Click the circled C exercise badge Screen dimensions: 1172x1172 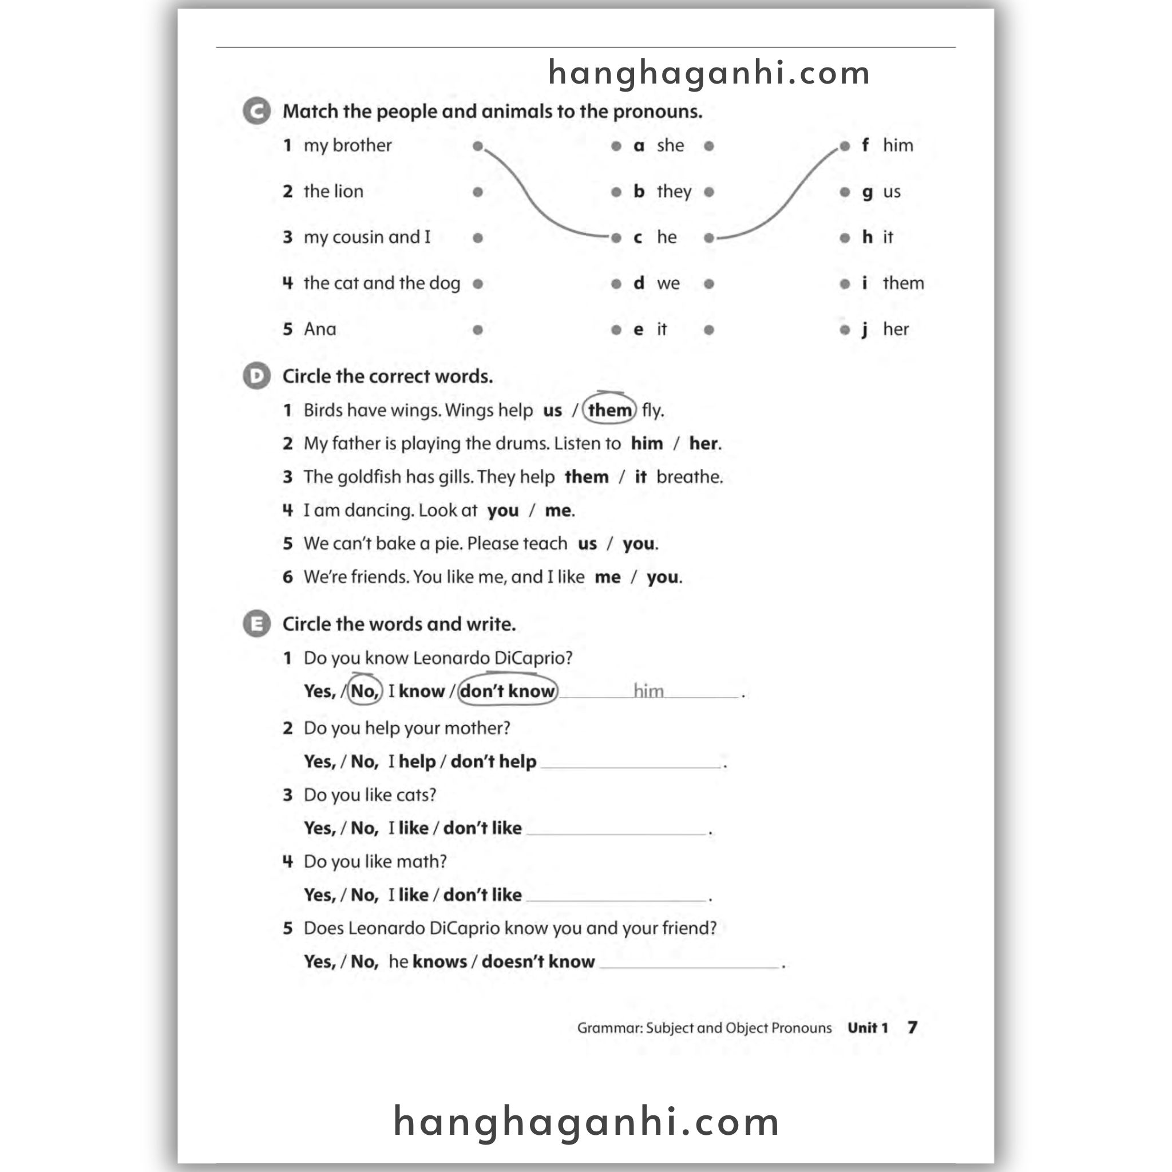256,112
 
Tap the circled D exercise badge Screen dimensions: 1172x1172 256,376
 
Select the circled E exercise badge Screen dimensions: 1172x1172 256,624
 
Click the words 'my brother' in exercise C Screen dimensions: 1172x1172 347,145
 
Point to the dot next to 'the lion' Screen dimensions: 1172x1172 477,192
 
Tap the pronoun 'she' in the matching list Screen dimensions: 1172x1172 670,145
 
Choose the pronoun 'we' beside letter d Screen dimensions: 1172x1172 668,283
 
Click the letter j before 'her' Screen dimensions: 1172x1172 865,330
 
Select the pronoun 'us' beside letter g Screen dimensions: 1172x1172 891,192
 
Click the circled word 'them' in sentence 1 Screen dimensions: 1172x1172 609,410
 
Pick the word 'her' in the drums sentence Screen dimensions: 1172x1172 704,444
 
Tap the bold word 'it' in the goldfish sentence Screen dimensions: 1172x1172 640,477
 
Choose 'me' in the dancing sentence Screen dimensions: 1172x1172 558,510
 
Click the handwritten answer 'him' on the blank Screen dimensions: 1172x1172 648,690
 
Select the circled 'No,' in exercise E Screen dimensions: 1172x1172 365,691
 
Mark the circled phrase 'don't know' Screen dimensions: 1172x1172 508,691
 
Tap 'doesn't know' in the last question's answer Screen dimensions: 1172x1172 538,961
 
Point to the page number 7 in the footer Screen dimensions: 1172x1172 912,1027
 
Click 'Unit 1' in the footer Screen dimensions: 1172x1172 868,1028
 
